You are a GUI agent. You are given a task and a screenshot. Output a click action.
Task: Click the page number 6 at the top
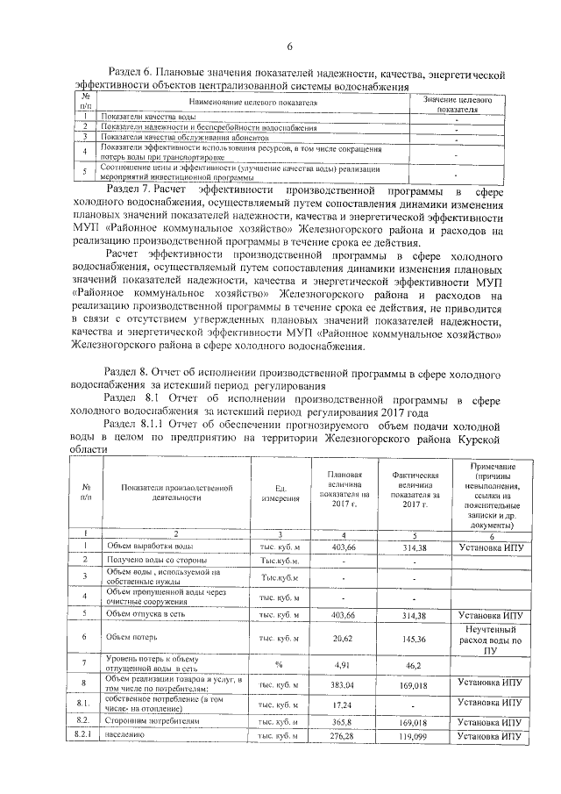click(288, 46)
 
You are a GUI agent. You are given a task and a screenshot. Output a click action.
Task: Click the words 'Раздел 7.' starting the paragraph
click(132, 190)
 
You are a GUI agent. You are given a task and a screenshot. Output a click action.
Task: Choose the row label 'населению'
click(126, 736)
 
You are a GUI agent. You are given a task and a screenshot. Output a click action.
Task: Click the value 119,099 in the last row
click(408, 736)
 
